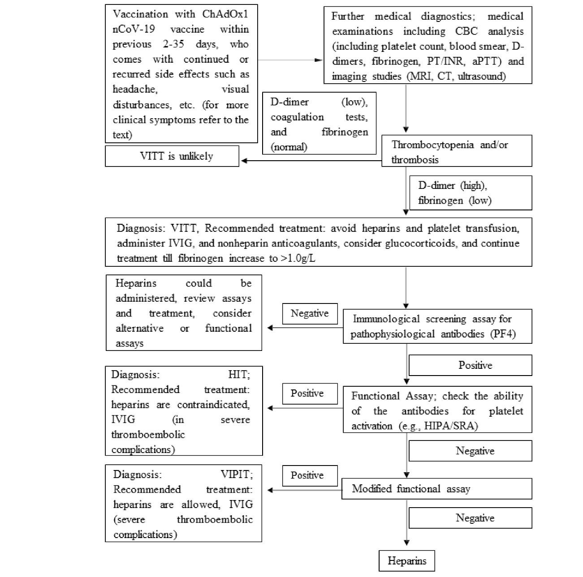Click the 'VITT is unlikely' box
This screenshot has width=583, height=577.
[172, 157]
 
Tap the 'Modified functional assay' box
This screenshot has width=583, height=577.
[436, 489]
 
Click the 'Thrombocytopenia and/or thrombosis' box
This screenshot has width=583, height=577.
[456, 151]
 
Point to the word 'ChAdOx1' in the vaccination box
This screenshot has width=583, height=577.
[225, 14]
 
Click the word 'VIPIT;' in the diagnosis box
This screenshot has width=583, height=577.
[236, 474]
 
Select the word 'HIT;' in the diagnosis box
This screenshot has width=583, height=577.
[239, 375]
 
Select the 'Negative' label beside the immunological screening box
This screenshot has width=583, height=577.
[309, 313]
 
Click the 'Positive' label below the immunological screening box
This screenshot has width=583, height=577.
[475, 365]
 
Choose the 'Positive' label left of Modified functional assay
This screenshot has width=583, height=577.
[307, 475]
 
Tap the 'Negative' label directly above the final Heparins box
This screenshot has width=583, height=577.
[475, 518]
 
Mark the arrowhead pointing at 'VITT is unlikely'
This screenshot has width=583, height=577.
[245, 161]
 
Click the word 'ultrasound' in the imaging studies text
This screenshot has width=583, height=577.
[481, 77]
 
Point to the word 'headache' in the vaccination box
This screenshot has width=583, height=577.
[134, 90]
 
